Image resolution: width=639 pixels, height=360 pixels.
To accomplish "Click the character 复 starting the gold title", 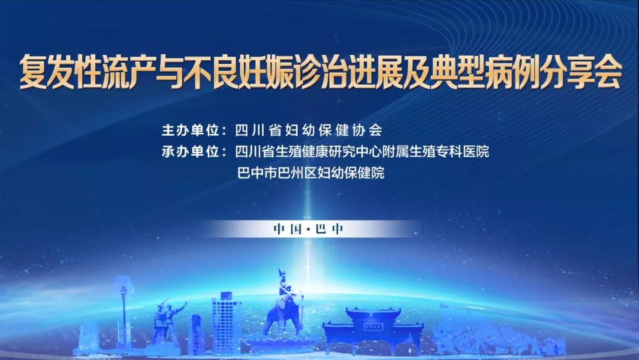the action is pyautogui.click(x=33, y=72).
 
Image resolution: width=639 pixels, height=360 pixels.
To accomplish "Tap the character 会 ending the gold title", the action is pyautogui.click(x=608, y=72).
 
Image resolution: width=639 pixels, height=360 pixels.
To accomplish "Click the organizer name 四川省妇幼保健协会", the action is pyautogui.click(x=308, y=130).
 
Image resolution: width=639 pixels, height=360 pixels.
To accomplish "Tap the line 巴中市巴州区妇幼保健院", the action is pyautogui.click(x=311, y=173).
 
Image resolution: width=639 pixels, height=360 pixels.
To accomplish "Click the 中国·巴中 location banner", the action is pyautogui.click(x=308, y=229).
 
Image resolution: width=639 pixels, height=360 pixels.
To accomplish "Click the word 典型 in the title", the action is pyautogui.click(x=457, y=72).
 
